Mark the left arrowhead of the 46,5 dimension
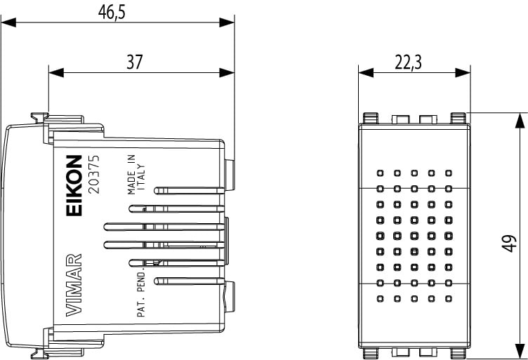pyautogui.click(x=7, y=22)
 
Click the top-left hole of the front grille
pyautogui.click(x=380, y=172)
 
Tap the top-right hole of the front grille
pyautogui.click(x=447, y=172)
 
